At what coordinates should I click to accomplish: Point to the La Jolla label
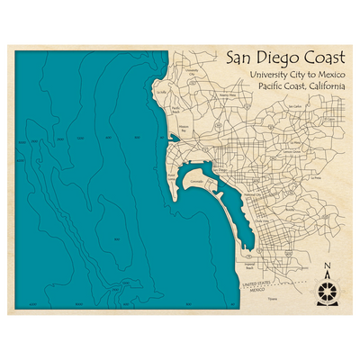coord(161,91)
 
